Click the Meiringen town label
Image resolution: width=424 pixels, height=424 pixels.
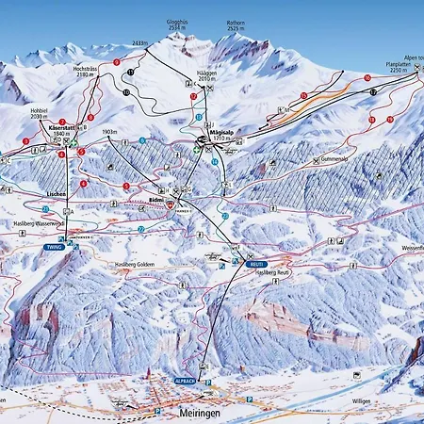pyautogui.click(x=200, y=413)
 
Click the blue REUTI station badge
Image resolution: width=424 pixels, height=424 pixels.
pyautogui.click(x=253, y=265)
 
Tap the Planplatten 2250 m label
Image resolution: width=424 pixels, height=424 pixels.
pyautogui.click(x=400, y=67)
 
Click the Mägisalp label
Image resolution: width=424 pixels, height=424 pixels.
pyautogui.click(x=221, y=134)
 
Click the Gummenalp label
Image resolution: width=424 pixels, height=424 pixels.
pyautogui.click(x=334, y=159)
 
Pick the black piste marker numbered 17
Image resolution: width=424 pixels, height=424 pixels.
pyautogui.click(x=374, y=92)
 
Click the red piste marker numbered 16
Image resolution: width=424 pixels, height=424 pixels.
pyautogui.click(x=367, y=78)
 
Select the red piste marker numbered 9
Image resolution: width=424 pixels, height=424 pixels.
pyautogui.click(x=117, y=62)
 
